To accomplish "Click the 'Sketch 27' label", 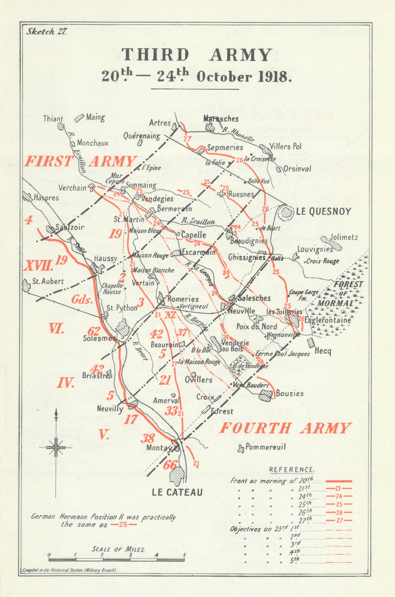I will click(x=47, y=32).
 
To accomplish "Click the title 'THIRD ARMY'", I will click(x=197, y=55).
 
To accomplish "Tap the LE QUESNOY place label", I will click(x=324, y=211).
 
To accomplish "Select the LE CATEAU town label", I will click(x=177, y=492).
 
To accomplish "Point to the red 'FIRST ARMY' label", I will click(x=81, y=161).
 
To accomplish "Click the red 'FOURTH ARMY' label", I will click(x=285, y=428).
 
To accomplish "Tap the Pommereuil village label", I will click(x=265, y=447).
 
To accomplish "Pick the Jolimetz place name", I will click(x=344, y=237).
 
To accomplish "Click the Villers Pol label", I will click(x=286, y=146).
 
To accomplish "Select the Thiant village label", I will click(x=53, y=118).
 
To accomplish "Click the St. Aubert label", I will click(x=48, y=281).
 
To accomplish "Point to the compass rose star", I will click(x=56, y=447).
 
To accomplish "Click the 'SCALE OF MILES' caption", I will click(x=118, y=549).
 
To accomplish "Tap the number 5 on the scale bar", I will click(x=184, y=555).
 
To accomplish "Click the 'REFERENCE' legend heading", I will click(x=292, y=470).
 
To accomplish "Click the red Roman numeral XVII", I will click(x=38, y=265).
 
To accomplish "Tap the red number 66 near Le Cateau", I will click(x=170, y=465).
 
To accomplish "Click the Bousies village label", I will click(x=290, y=393).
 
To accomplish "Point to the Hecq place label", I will click(x=323, y=351).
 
